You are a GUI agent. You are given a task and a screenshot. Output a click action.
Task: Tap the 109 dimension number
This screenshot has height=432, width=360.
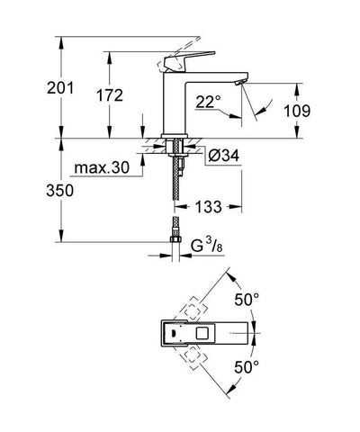pos(319,110)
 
